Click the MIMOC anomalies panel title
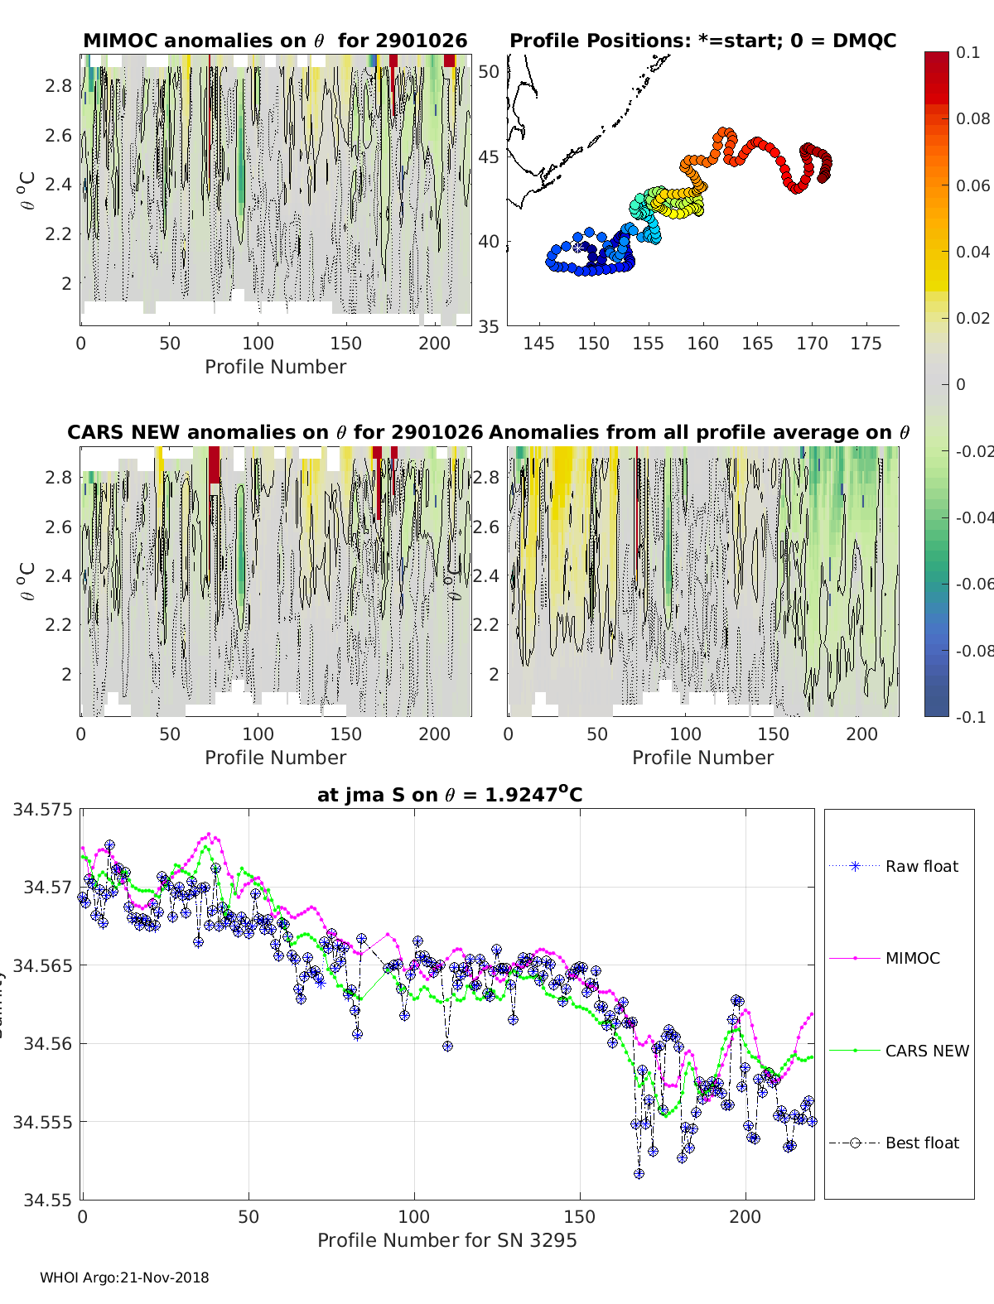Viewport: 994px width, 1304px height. [x=275, y=41]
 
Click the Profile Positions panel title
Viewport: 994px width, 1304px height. [x=702, y=41]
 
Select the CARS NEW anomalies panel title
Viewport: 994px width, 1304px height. [x=275, y=432]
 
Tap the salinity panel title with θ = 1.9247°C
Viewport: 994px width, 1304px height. [x=450, y=795]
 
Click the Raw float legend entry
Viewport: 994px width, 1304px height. [x=921, y=866]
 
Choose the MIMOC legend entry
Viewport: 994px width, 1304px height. [x=912, y=958]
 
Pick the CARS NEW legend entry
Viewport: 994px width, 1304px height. [x=926, y=1051]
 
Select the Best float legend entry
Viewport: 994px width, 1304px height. [x=921, y=1143]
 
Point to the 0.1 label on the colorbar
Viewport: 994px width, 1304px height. [x=967, y=52]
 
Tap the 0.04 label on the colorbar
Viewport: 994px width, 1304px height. [x=972, y=252]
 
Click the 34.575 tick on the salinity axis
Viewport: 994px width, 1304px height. [x=42, y=809]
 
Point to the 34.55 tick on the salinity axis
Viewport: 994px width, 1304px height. [x=46, y=1200]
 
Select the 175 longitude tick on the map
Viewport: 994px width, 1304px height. [x=866, y=344]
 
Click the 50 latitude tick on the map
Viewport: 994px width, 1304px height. [x=490, y=72]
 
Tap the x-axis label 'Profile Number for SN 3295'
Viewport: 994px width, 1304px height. [x=446, y=1240]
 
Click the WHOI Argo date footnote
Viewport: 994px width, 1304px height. [x=124, y=1278]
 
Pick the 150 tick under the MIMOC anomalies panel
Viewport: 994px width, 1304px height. [x=345, y=344]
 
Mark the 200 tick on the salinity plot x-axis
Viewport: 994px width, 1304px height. [x=745, y=1217]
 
